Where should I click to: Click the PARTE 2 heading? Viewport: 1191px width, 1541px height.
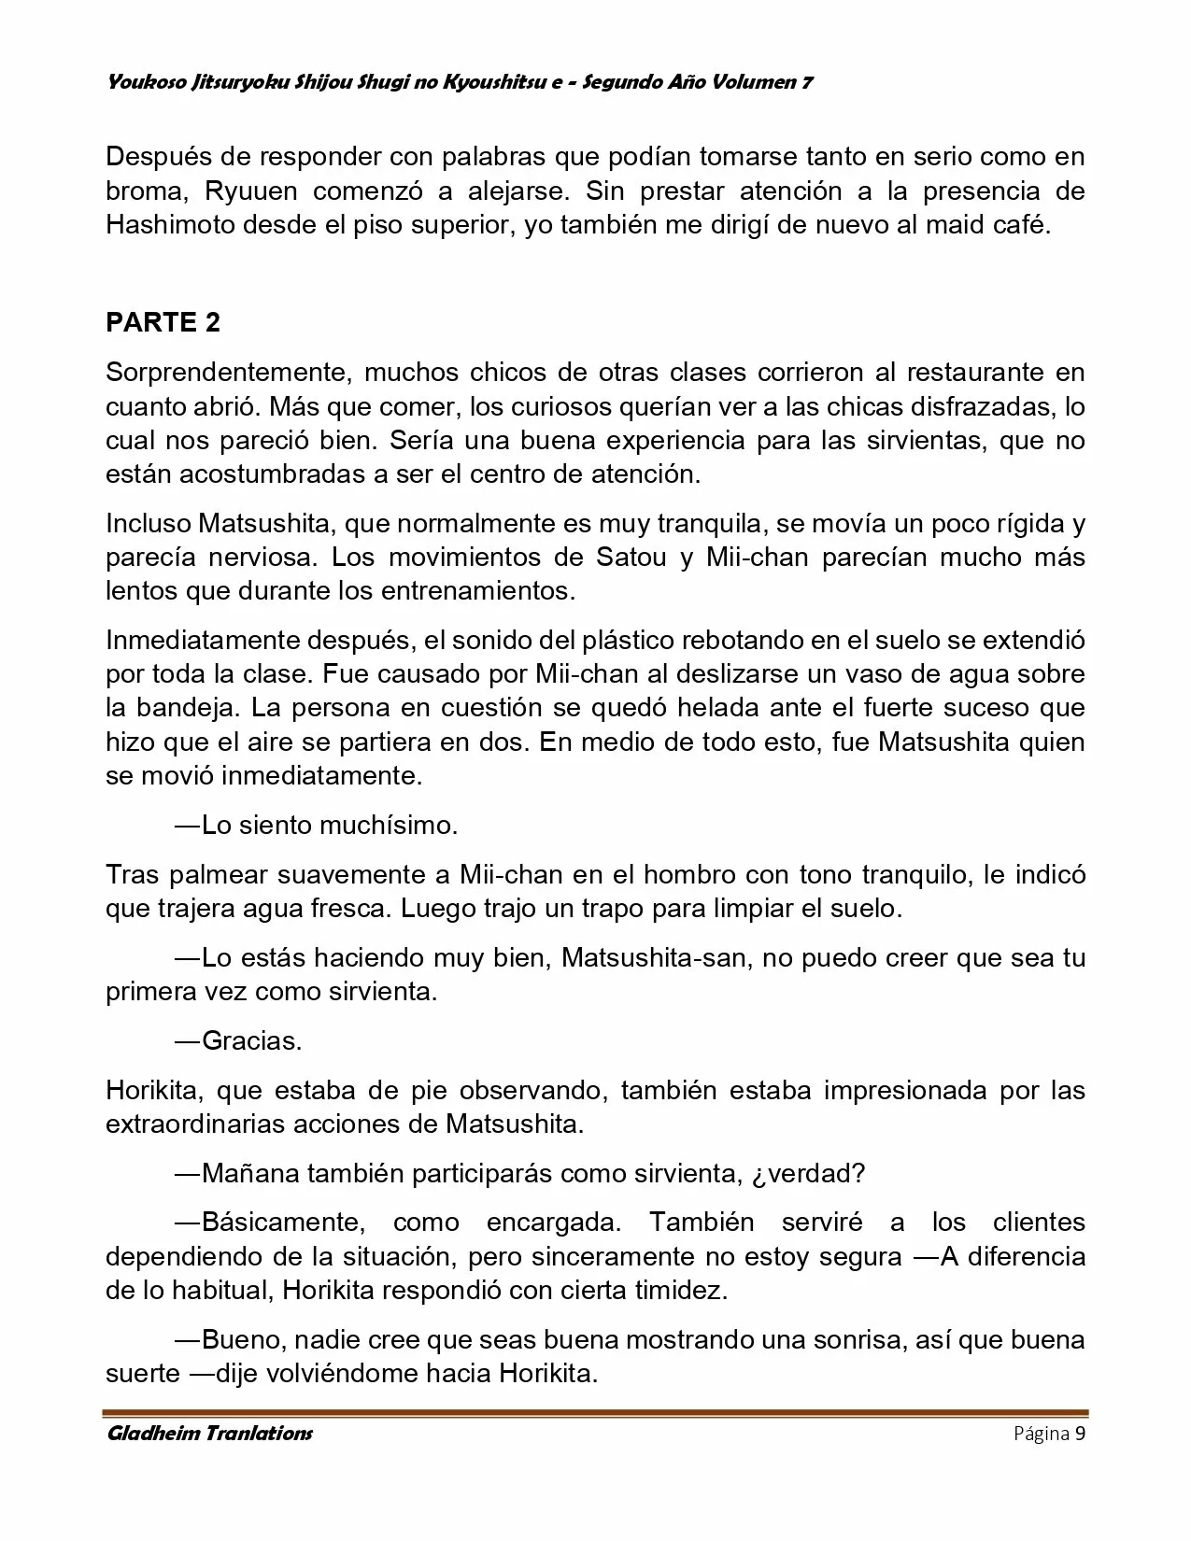click(163, 322)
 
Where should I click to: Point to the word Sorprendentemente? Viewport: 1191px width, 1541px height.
click(230, 373)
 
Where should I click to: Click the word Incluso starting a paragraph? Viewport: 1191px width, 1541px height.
click(147, 523)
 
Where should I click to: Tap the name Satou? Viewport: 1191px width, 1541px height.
click(631, 557)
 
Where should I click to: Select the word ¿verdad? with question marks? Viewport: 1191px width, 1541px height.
click(808, 1173)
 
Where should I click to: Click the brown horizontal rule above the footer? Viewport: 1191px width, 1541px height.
click(595, 1412)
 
